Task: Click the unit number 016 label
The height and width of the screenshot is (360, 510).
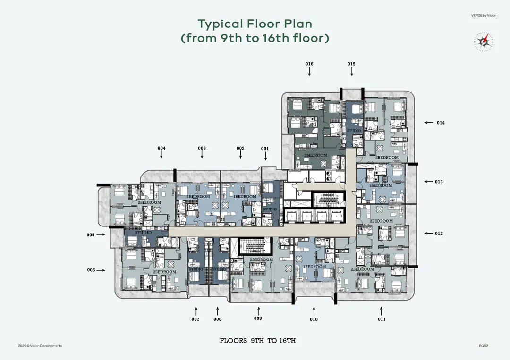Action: (x=309, y=64)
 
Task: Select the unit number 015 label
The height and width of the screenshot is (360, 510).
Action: (x=351, y=64)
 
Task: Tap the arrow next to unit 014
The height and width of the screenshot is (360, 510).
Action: (x=428, y=123)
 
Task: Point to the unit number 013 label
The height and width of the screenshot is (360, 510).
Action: (x=439, y=182)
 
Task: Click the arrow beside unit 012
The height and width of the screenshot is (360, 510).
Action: (x=428, y=233)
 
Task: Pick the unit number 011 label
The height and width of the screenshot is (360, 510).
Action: (x=382, y=319)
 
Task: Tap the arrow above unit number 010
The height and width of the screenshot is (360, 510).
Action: (x=314, y=310)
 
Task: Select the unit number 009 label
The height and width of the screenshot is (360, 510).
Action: (x=258, y=318)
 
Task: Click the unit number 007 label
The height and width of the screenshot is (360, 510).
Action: (x=195, y=319)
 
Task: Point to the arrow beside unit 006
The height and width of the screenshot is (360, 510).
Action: (x=101, y=270)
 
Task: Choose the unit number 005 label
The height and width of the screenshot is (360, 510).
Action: (x=90, y=235)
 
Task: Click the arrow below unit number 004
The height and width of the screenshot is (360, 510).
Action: (x=161, y=154)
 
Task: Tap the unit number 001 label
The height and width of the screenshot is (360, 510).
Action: (x=265, y=149)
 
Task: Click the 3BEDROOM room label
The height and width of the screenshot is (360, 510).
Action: (x=315, y=155)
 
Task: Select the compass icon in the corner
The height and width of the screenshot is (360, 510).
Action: (x=484, y=42)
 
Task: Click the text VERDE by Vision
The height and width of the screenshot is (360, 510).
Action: (x=484, y=15)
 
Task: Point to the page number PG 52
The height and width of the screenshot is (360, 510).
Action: (x=484, y=346)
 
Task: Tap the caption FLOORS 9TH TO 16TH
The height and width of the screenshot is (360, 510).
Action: (x=258, y=341)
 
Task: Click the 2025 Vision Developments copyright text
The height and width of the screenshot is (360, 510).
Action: (x=40, y=346)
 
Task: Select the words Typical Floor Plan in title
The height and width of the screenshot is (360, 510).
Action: (x=255, y=24)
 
